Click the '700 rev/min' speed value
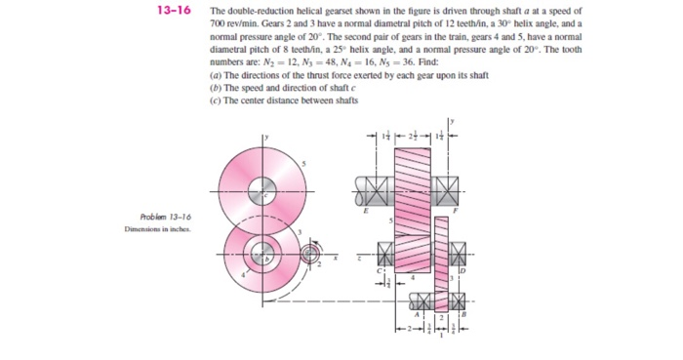[x=227, y=20]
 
